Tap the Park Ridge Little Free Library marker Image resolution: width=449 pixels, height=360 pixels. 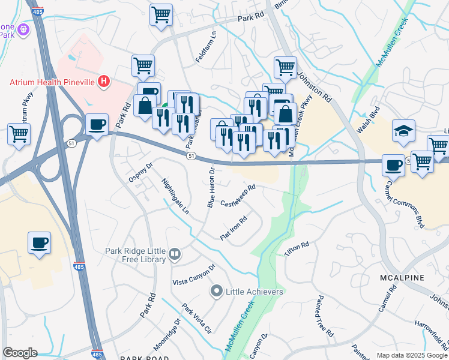[175, 254]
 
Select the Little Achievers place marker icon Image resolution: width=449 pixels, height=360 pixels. [217, 292]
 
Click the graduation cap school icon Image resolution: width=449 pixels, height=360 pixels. [403, 130]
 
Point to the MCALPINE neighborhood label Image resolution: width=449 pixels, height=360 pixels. [402, 278]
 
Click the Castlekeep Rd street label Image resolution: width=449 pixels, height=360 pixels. [238, 196]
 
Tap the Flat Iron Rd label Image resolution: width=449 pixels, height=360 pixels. [234, 229]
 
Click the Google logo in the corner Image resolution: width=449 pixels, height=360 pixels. [20, 352]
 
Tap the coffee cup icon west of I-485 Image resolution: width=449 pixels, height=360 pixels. [39, 243]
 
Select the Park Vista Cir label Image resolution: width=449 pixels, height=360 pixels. [197, 321]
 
